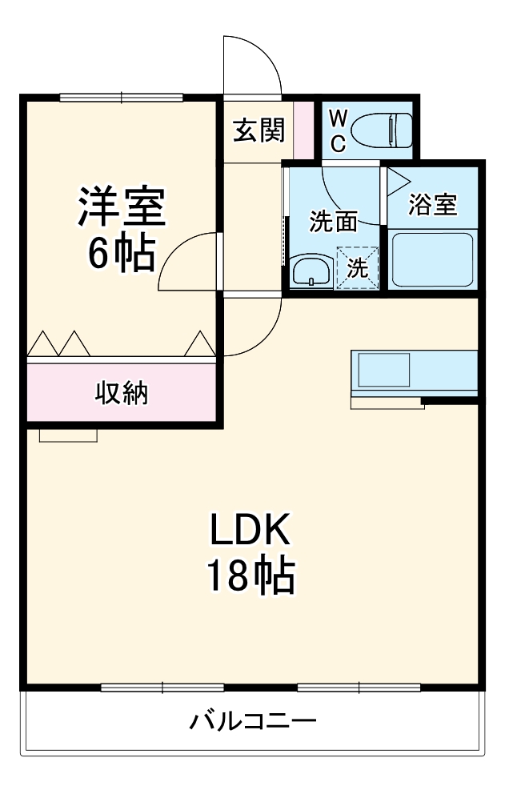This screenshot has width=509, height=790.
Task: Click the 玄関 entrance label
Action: [259, 130]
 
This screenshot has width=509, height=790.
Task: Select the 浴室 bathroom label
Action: [433, 205]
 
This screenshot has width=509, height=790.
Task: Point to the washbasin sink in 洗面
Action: [311, 271]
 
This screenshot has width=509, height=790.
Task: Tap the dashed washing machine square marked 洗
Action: [358, 267]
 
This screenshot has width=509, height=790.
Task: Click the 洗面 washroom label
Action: [334, 222]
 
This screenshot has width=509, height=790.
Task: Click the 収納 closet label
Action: [122, 392]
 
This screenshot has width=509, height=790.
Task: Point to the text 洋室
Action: [121, 207]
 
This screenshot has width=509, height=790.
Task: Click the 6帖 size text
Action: [121, 254]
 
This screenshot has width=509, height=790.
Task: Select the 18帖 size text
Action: [251, 575]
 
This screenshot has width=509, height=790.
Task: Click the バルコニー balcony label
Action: [253, 721]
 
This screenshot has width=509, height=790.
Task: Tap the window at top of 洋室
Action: [122, 98]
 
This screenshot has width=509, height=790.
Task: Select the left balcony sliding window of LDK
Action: [162, 687]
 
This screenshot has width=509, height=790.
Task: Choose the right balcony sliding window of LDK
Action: [359, 687]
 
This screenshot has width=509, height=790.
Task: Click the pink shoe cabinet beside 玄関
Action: [303, 130]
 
